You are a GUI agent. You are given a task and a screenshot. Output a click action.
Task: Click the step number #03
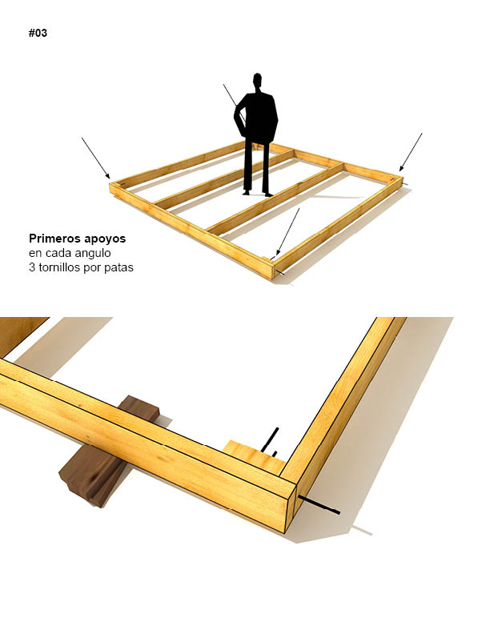click(x=38, y=33)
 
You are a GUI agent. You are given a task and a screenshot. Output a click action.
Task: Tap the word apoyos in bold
click(x=105, y=239)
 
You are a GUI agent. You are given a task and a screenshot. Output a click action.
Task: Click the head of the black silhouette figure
click(x=257, y=80)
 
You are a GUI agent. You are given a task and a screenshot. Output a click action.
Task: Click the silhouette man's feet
click(x=258, y=194)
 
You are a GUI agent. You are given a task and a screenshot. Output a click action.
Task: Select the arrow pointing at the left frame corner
click(x=96, y=158)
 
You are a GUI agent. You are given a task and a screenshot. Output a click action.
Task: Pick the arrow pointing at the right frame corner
click(x=411, y=152)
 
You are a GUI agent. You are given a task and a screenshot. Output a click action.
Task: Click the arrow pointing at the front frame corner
click(x=287, y=232)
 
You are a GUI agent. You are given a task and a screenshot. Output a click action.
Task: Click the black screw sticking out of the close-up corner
click(x=319, y=505)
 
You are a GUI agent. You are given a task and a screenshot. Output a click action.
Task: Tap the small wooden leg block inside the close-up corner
click(x=255, y=457)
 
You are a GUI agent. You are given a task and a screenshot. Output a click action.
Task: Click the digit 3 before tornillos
click(x=32, y=267)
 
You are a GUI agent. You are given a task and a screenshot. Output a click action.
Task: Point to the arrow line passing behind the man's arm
click(x=234, y=101)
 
